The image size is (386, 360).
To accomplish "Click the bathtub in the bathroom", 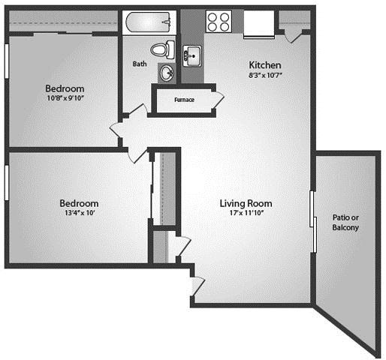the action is click(149, 22).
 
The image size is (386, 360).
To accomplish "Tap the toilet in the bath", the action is click(162, 49).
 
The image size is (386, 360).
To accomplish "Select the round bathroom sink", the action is click(167, 73).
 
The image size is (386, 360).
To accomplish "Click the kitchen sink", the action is click(191, 55).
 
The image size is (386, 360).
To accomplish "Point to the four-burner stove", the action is click(219, 21).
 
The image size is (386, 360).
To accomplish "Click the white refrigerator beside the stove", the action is click(259, 24).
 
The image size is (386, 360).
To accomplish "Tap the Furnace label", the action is click(184, 100).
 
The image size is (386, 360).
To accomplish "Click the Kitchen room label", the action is click(265, 65).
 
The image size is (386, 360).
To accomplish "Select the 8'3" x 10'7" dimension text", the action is click(265, 75).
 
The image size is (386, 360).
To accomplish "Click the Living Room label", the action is click(246, 203).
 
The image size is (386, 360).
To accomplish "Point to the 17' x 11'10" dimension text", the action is click(247, 213).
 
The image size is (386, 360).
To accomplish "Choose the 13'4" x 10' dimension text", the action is click(80, 213).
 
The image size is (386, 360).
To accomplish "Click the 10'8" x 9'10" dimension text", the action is click(65, 98).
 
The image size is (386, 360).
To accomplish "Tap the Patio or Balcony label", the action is click(345, 223).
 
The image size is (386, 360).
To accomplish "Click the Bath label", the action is click(140, 64).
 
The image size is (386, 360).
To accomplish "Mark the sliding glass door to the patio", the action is click(313, 221).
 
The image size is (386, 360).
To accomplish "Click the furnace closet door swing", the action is click(217, 100).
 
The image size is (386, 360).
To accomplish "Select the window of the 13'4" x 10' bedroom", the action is click(7, 183).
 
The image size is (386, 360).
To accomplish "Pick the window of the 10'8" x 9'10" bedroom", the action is click(7, 61).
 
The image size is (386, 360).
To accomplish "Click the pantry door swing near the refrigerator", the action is click(294, 37).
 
